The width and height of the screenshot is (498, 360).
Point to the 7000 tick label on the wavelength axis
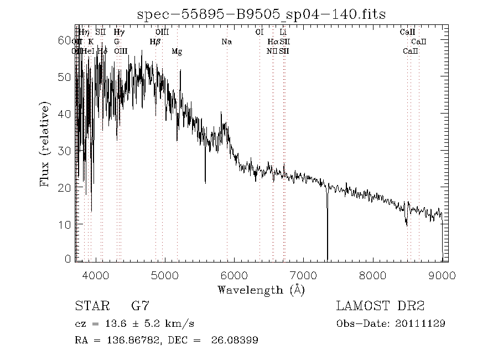[x=303, y=275]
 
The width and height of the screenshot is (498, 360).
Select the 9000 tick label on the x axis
[x=442, y=275]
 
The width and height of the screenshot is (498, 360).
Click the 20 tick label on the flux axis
[x=65, y=188]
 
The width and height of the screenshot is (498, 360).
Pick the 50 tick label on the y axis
[x=65, y=77]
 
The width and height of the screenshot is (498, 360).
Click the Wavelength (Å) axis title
[x=261, y=290]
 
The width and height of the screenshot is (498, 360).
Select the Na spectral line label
[x=226, y=42]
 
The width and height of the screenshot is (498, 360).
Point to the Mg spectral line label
[x=177, y=52]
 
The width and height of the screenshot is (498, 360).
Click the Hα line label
[x=272, y=42]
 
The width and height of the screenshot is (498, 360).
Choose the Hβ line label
[x=155, y=42]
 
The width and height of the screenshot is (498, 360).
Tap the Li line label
[x=283, y=32]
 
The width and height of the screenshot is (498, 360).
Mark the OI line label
[x=259, y=32]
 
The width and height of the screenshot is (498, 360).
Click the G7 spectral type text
[x=139, y=306]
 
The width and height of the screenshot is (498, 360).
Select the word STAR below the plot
[x=90, y=306]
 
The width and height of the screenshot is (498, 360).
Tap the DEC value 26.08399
[x=235, y=340]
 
